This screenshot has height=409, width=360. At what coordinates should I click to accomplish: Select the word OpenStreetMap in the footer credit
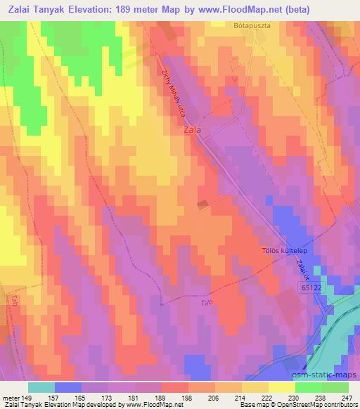tap(284, 404)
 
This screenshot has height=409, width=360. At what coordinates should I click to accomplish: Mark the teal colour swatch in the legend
tap(41, 387)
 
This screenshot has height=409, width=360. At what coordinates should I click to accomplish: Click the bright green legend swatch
tap(309, 387)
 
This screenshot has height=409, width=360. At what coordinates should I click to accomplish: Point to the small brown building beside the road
tap(203, 204)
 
